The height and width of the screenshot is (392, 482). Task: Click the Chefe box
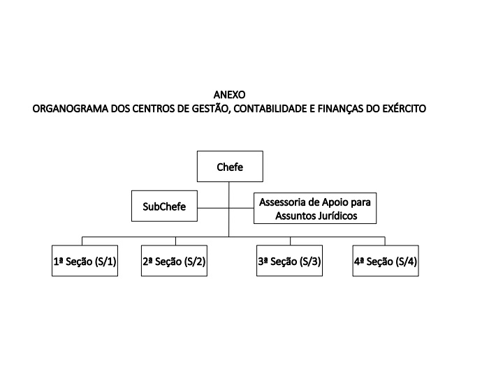(x=230, y=167)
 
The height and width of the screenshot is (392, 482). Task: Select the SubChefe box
(x=164, y=206)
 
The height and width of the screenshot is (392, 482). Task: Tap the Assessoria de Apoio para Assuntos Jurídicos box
(x=315, y=208)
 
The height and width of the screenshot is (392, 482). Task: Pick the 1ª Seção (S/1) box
(x=85, y=261)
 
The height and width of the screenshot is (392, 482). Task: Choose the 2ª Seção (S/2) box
(x=174, y=261)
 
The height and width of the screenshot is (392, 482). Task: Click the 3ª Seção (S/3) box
(x=290, y=261)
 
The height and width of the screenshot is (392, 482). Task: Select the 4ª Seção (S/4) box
(x=386, y=261)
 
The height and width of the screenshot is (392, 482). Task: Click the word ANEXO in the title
(x=229, y=95)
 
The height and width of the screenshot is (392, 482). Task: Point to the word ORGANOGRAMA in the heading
(x=71, y=109)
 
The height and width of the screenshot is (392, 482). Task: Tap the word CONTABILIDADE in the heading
(x=270, y=109)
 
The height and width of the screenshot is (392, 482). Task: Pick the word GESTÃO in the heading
(x=211, y=108)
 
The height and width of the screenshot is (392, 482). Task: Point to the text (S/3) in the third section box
(x=310, y=262)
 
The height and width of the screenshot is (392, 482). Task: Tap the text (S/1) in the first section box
(x=105, y=262)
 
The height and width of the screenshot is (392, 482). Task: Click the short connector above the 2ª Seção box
(x=175, y=241)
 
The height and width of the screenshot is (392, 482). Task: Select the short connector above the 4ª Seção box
(x=385, y=241)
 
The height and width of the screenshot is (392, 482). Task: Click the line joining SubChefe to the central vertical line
(x=213, y=208)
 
